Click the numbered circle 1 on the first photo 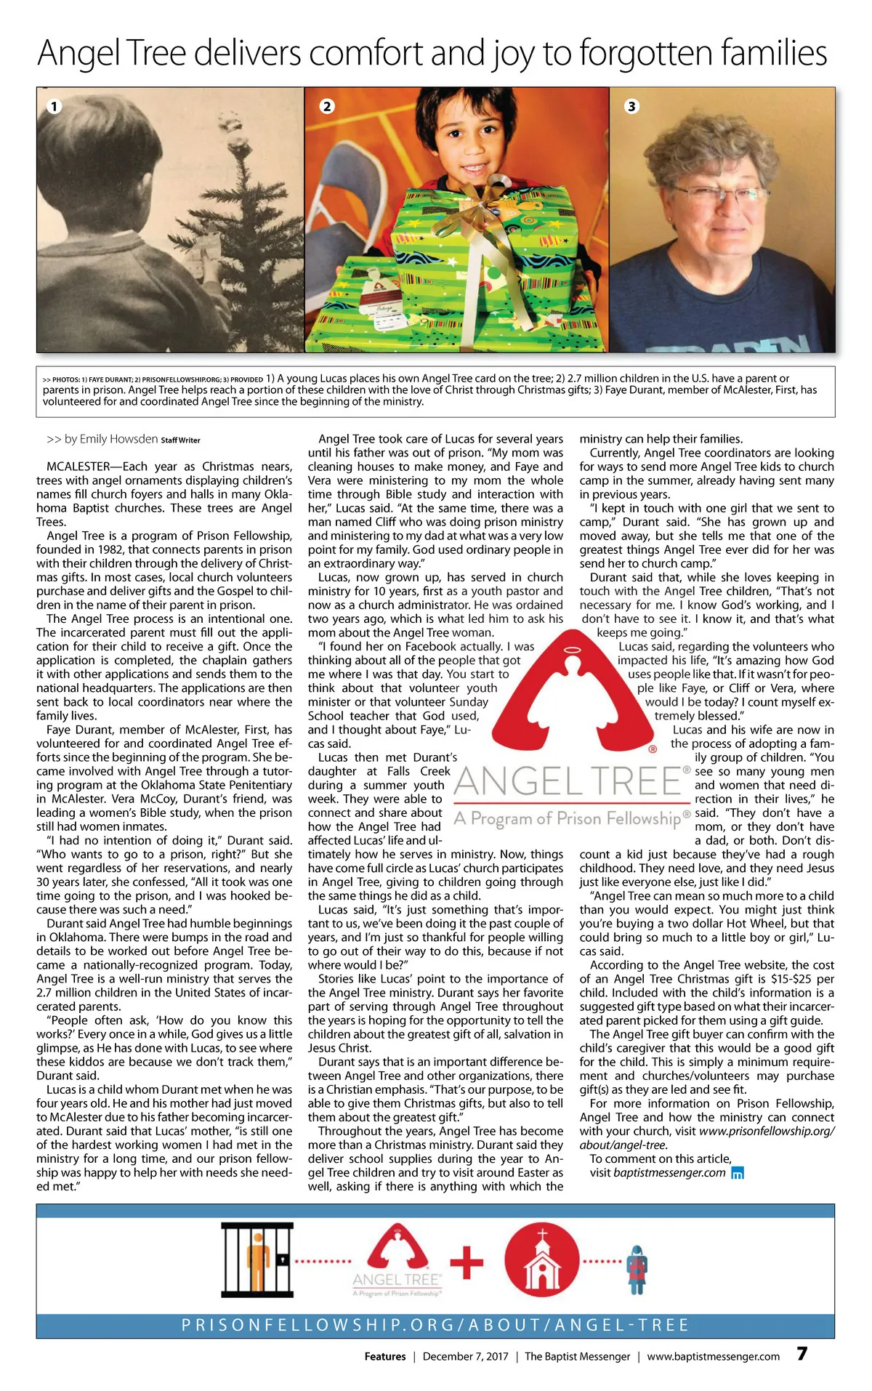click(53, 106)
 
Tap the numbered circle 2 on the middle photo click(327, 106)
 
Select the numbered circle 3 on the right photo click(631, 106)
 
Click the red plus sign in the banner click(467, 1262)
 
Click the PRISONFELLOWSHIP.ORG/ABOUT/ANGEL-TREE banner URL click(435, 1326)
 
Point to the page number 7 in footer click(802, 1354)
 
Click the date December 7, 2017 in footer click(465, 1356)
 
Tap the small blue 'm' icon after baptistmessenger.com click(738, 1173)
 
